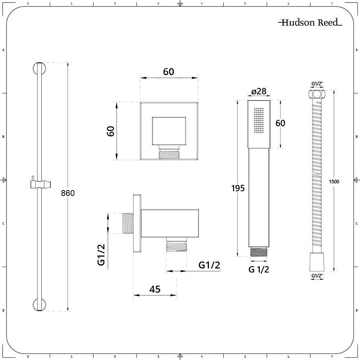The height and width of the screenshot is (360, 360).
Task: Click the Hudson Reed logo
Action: click(310, 22)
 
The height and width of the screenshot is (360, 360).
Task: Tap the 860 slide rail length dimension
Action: click(68, 193)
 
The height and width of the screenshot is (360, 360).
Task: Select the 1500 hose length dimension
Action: click(334, 181)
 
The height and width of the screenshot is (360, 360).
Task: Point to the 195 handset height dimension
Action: click(238, 188)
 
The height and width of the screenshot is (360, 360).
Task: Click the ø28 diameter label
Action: click(259, 91)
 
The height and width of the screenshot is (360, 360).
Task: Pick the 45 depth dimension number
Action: click(155, 289)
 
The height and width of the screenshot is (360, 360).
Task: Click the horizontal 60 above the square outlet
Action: click(168, 72)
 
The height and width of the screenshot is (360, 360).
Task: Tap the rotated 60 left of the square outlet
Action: click(111, 131)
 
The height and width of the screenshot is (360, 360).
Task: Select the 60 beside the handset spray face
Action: click(280, 123)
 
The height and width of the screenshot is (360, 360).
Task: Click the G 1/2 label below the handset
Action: click(258, 269)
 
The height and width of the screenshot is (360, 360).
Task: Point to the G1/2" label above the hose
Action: click(317, 84)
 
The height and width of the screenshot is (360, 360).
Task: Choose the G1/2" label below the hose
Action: click(317, 276)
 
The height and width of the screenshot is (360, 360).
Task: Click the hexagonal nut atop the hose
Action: click(316, 94)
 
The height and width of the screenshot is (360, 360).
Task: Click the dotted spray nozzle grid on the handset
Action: click(259, 120)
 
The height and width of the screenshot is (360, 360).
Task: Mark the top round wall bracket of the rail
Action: click(40, 68)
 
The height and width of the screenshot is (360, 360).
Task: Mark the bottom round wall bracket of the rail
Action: click(40, 305)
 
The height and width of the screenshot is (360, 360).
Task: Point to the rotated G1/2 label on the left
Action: click(101, 255)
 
